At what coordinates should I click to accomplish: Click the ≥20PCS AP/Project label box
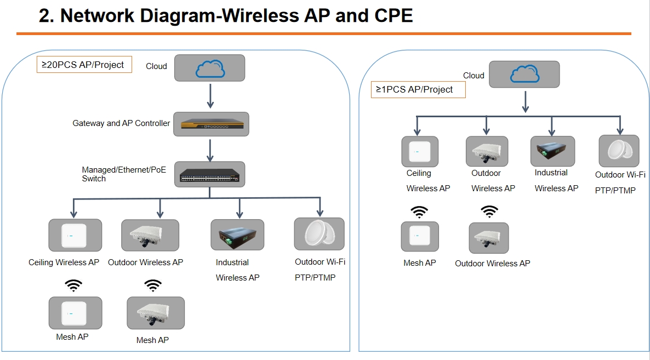[x=84, y=65]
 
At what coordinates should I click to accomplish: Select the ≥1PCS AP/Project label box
[x=418, y=89]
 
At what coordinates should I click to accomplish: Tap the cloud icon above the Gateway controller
[x=209, y=68]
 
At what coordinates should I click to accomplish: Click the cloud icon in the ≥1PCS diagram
[x=524, y=75]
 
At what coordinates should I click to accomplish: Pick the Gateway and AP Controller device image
[x=211, y=124]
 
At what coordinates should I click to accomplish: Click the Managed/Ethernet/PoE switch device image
[x=210, y=175]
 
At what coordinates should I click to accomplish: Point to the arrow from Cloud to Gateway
[x=210, y=96]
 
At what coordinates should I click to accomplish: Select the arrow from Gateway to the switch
[x=210, y=149]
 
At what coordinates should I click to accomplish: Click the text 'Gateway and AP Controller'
[x=121, y=123]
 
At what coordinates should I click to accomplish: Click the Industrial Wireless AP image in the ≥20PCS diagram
[x=237, y=235]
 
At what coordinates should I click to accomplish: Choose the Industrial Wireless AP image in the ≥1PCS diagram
[x=552, y=151]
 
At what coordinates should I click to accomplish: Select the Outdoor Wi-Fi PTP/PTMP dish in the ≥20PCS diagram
[x=319, y=234]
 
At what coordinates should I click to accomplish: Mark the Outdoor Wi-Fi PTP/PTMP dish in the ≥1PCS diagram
[x=619, y=151]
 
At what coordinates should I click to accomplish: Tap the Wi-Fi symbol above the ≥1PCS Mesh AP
[x=420, y=212]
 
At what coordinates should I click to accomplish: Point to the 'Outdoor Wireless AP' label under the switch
[x=145, y=262]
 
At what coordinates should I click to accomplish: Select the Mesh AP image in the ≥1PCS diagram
[x=420, y=237]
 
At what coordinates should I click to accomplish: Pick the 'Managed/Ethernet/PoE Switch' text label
[x=124, y=174]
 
